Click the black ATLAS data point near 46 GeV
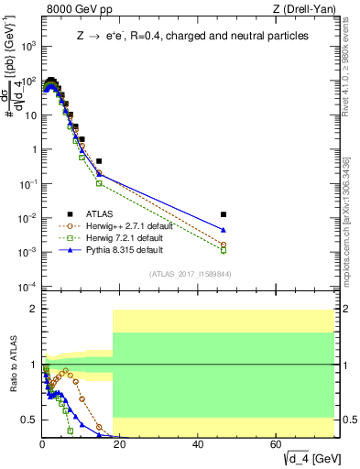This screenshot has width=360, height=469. [224, 214]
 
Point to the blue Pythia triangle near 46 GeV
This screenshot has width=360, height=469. [224, 230]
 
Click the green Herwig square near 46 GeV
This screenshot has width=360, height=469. [224, 250]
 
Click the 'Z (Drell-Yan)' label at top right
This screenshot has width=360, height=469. [305, 9]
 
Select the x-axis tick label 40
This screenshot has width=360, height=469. [199, 444]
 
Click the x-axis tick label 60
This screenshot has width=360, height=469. [277, 444]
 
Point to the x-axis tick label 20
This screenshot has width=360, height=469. [120, 444]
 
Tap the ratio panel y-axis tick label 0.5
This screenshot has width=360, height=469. [27, 420]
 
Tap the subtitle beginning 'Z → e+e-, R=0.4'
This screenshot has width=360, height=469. [191, 37]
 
